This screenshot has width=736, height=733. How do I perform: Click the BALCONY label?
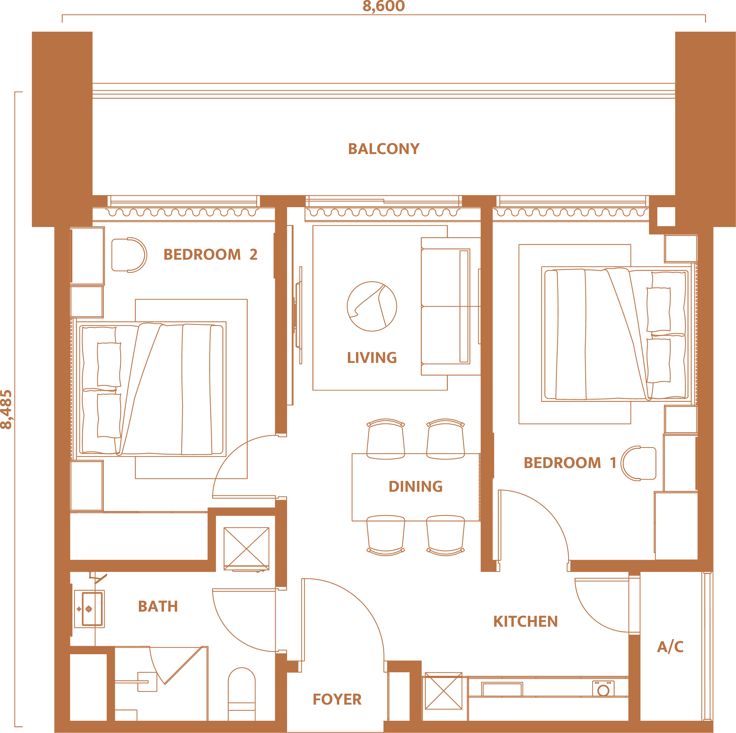pos(384,149)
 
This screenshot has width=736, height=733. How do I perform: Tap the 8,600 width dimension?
pos(384,6)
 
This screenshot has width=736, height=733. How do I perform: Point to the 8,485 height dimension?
pos(6,410)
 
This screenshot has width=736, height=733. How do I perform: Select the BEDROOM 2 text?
pos(210,254)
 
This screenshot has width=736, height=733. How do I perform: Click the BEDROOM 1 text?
pos(570,463)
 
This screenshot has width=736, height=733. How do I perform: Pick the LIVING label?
pos(372,358)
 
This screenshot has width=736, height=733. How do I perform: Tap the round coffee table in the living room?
pos(372,306)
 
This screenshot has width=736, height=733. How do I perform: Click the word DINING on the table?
pos(416,486)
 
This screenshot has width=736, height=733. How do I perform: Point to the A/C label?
pos(670,647)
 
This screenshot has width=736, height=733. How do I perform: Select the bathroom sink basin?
pos(92,609)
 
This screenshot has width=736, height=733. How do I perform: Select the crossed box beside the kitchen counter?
pos(443,691)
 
